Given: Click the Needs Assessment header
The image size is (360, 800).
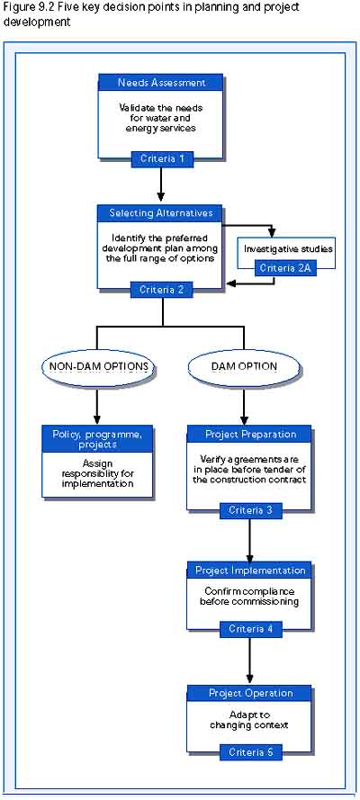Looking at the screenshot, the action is (160, 83).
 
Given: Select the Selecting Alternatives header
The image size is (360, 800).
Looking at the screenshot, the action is (160, 212).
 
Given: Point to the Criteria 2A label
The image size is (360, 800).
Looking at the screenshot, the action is (285, 268).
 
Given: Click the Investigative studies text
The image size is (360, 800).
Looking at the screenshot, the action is (289, 249).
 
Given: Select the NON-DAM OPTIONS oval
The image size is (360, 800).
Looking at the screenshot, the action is (98, 366).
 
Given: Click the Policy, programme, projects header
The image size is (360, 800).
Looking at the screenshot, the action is (97, 439).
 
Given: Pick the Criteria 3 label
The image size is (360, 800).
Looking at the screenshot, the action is (250, 510).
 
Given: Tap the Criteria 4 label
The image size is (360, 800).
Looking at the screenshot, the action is (250, 629).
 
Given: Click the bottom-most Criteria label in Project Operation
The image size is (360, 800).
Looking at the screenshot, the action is (250, 752).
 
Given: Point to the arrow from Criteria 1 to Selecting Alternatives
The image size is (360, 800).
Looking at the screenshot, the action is (162, 184).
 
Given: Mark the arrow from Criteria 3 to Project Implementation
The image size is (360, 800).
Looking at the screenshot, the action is (250, 538).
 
